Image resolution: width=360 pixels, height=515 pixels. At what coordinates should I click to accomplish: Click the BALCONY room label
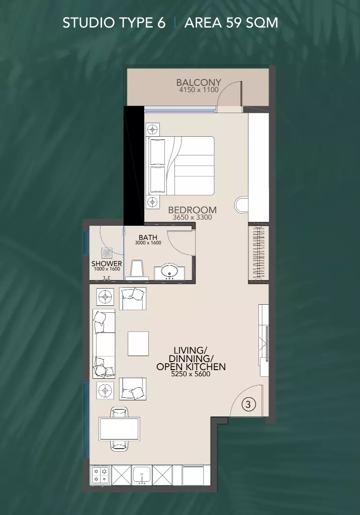(199, 82)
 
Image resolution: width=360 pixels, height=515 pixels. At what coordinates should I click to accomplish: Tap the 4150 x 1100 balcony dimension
(199, 90)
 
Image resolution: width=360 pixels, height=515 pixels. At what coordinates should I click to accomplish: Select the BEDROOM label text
(192, 210)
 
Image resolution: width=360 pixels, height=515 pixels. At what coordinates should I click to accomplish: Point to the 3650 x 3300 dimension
(192, 217)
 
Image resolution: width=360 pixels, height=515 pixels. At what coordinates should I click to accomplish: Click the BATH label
(148, 237)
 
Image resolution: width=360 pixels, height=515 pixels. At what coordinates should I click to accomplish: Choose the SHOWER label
(107, 264)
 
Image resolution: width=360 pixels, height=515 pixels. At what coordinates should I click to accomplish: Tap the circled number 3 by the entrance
(248, 404)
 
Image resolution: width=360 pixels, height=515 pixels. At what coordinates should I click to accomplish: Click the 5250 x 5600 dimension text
(191, 374)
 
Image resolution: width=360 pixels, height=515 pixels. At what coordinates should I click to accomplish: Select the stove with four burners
(100, 475)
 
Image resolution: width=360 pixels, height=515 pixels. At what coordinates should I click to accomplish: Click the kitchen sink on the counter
(142, 475)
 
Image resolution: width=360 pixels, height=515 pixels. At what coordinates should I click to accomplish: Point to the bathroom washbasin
(169, 272)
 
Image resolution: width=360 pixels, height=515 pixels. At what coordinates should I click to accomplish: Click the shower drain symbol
(107, 252)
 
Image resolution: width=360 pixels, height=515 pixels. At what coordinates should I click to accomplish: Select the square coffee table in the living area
(138, 344)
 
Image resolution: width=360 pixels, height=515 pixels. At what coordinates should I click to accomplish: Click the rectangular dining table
(120, 428)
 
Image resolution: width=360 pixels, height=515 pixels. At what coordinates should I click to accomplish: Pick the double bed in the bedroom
(182, 166)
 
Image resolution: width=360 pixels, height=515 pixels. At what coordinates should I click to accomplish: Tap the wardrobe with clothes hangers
(259, 253)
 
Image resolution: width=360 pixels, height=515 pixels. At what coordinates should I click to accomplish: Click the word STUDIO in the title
(86, 23)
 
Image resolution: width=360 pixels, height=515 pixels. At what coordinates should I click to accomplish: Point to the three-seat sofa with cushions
(104, 344)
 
